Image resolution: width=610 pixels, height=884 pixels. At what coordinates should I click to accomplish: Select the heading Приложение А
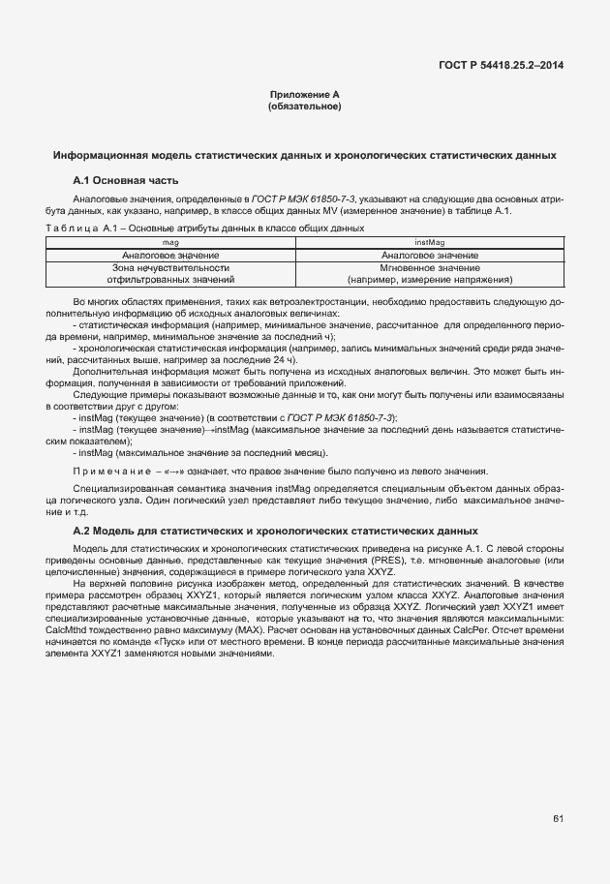304,95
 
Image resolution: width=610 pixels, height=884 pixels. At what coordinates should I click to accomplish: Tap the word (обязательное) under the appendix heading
304,106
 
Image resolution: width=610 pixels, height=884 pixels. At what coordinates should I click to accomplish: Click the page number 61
559,820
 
